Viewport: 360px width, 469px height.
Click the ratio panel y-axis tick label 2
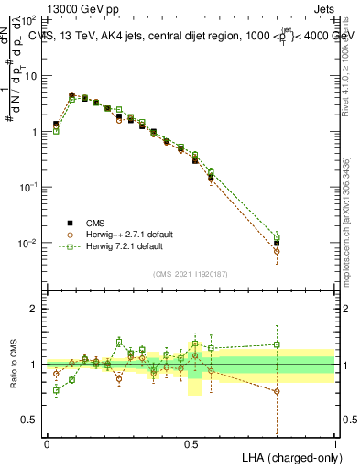click(x=35, y=309)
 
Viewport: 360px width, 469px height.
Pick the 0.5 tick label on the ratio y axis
click(x=30, y=420)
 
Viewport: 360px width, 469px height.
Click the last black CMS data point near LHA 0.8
click(x=277, y=243)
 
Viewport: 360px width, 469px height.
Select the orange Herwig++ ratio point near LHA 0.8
click(x=277, y=391)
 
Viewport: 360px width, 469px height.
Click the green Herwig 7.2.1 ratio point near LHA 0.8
click(x=277, y=344)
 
